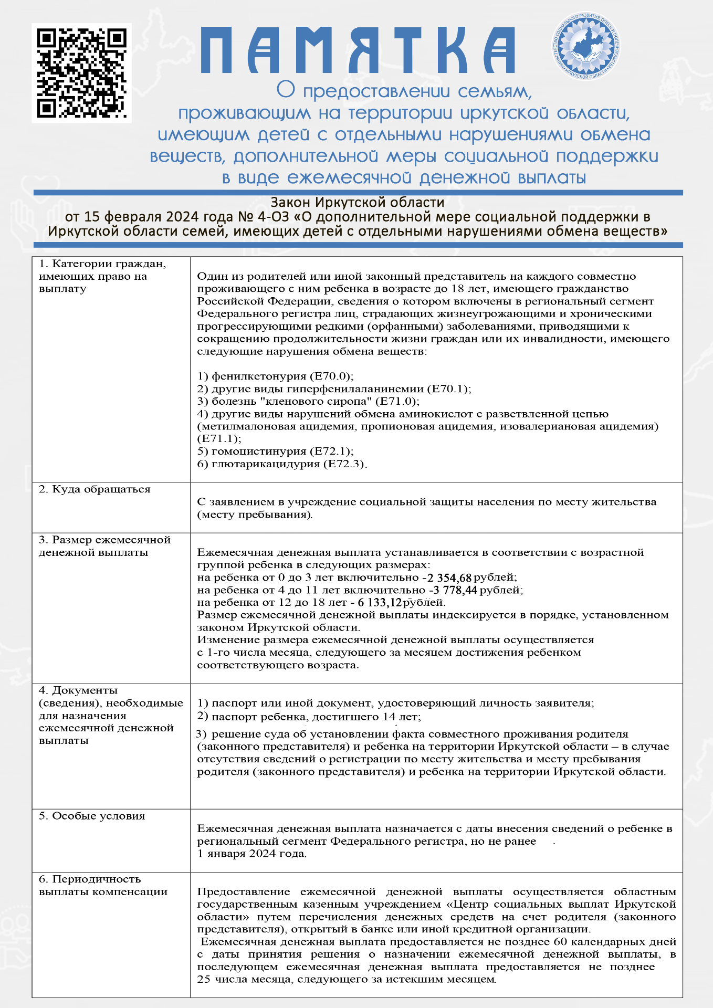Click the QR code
tap(81, 73)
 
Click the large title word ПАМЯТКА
tap(357, 50)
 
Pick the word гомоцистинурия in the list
tap(259, 451)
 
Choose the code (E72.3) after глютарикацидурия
tap(344, 464)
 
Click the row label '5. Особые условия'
tap(92, 816)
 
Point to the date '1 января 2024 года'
tap(251, 854)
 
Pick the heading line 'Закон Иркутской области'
tap(357, 203)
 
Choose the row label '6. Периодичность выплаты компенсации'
tap(103, 886)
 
